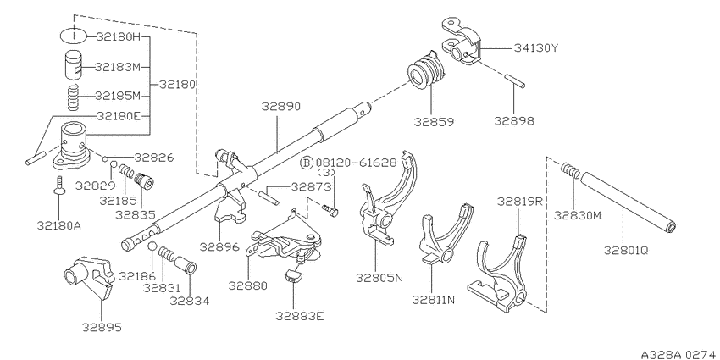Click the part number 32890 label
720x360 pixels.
(x=281, y=107)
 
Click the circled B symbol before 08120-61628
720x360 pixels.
(x=307, y=162)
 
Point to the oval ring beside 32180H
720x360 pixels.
(x=73, y=36)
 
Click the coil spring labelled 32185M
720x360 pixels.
(x=71, y=97)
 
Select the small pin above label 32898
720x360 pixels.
(x=514, y=80)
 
